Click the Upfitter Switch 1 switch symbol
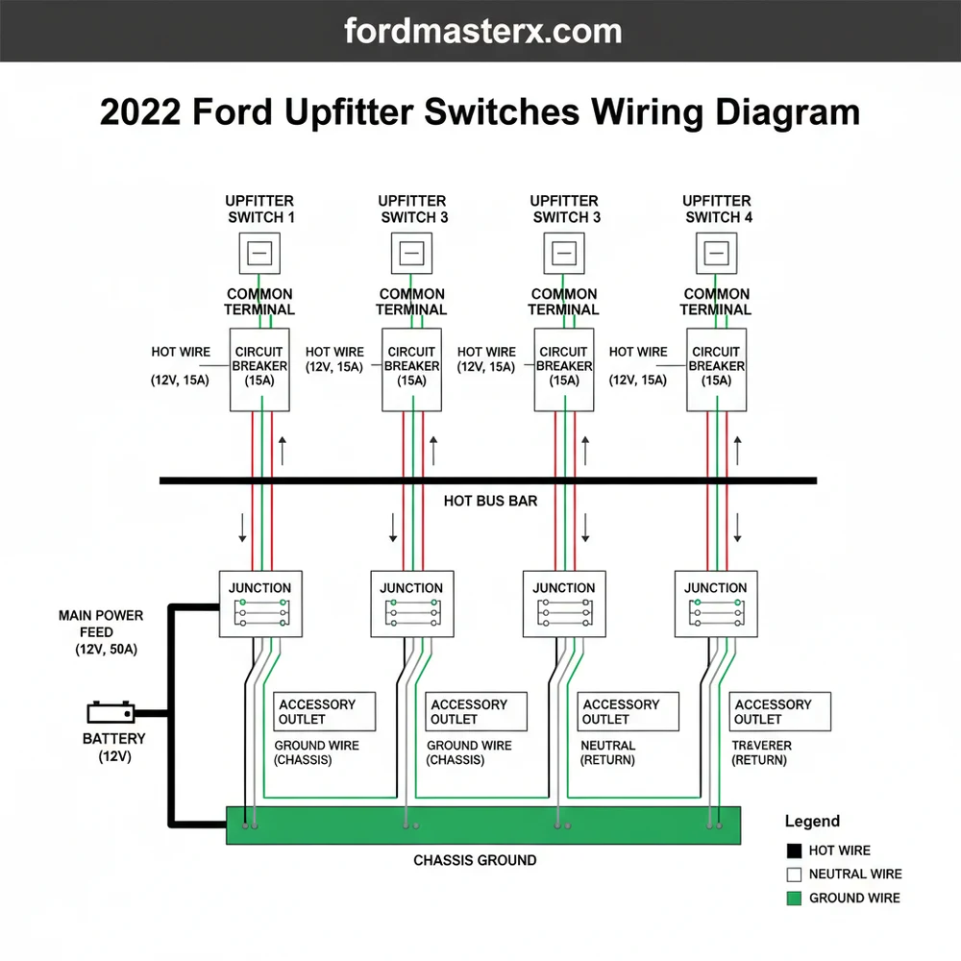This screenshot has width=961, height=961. pyautogui.click(x=259, y=254)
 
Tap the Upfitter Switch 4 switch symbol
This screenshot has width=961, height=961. pyautogui.click(x=716, y=254)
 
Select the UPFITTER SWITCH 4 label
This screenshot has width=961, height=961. pyautogui.click(x=717, y=209)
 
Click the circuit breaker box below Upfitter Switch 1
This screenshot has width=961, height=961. pyautogui.click(x=259, y=370)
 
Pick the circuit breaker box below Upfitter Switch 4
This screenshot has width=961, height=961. pyautogui.click(x=716, y=370)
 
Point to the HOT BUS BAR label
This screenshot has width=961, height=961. pyautogui.click(x=490, y=501)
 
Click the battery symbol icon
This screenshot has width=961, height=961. pyautogui.click(x=111, y=713)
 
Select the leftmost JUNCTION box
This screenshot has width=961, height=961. pyautogui.click(x=259, y=603)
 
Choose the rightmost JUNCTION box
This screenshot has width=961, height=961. pyautogui.click(x=716, y=603)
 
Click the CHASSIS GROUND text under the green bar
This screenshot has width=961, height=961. pyautogui.click(x=475, y=860)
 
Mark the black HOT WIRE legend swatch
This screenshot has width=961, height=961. pyautogui.click(x=794, y=850)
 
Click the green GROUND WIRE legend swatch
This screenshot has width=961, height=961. pyautogui.click(x=794, y=899)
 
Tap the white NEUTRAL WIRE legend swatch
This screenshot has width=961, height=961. pyautogui.click(x=794, y=875)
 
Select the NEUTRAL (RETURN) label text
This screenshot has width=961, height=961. pyautogui.click(x=607, y=752)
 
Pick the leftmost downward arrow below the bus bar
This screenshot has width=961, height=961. pyautogui.click(x=242, y=527)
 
